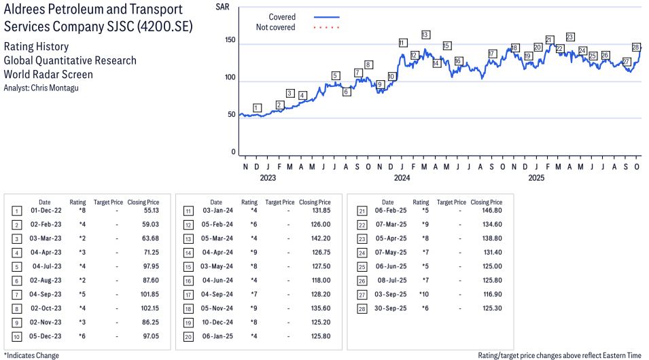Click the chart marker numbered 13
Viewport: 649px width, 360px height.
pos(425,35)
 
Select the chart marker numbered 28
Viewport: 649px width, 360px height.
pos(636,47)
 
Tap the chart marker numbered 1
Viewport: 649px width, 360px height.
pos(256,107)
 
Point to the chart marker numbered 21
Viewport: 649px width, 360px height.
pos(549,40)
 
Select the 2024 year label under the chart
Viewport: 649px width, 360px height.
pos(402,179)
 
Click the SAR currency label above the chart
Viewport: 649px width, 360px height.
pos(222,7)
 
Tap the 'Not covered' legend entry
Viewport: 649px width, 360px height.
pos(275,27)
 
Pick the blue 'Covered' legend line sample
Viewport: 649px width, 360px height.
pos(327,17)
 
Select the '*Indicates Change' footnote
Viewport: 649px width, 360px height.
pos(31,355)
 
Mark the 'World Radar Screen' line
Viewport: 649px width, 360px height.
pos(48,75)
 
